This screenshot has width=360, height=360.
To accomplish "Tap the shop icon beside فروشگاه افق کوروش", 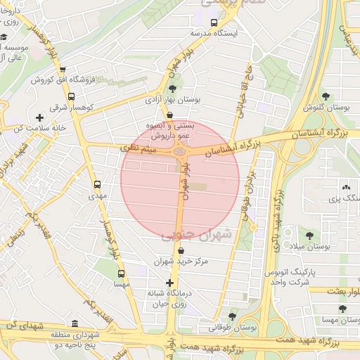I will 63,70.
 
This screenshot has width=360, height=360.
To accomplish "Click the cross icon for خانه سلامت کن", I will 39,117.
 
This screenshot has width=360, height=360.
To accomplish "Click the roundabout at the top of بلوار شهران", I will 181,149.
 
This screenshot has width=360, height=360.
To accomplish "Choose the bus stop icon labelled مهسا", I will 121,274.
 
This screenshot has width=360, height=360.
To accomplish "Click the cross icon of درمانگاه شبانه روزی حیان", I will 169,283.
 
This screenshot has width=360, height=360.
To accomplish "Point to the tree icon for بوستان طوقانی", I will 233,317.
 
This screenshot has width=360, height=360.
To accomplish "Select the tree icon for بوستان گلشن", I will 324,96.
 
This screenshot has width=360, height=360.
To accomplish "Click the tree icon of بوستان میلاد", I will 310,236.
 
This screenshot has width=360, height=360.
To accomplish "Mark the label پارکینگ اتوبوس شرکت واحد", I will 291,276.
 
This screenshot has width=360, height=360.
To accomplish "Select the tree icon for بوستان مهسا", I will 342,309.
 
